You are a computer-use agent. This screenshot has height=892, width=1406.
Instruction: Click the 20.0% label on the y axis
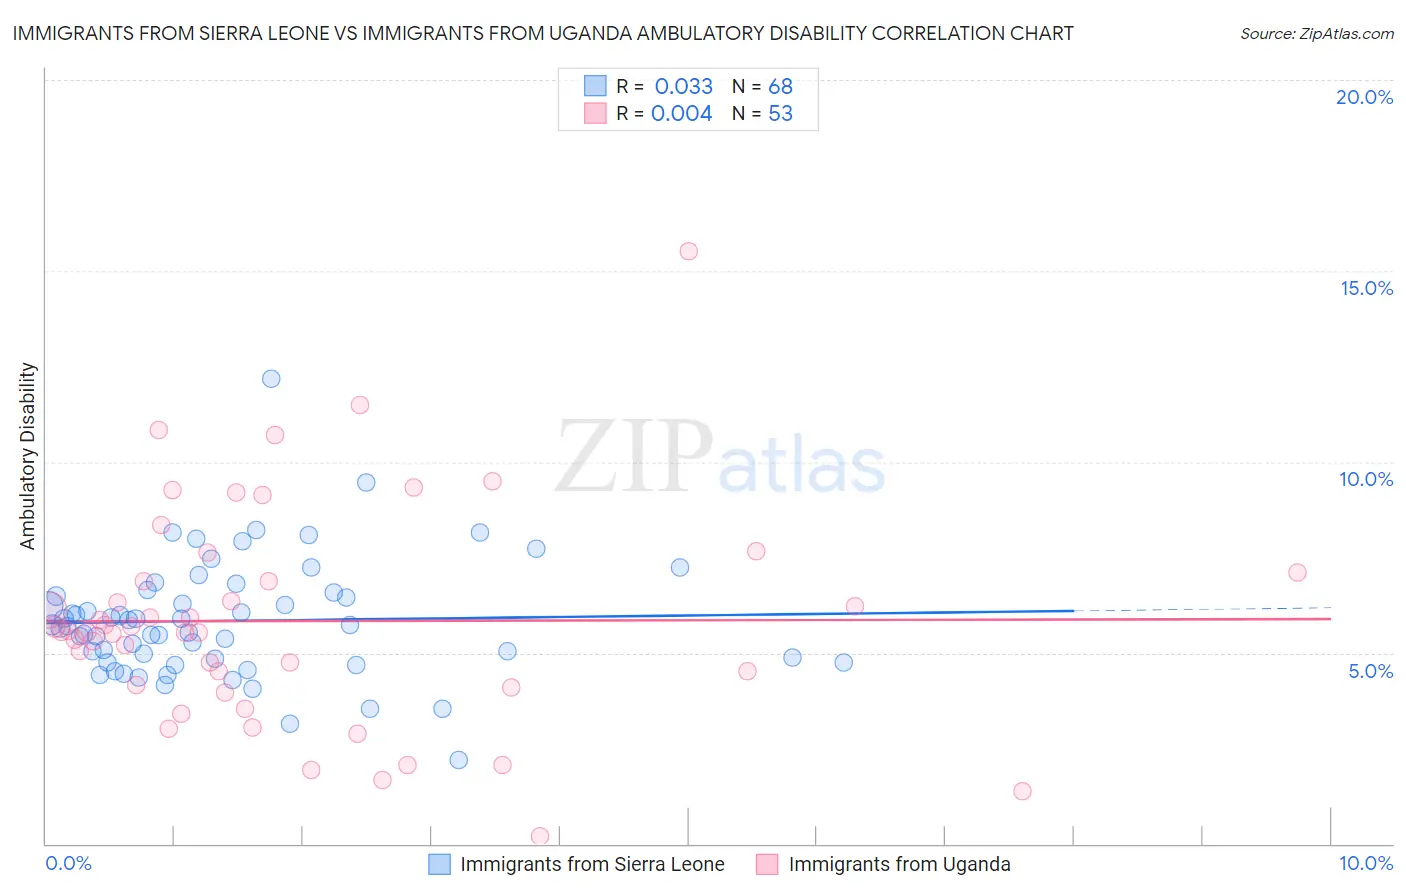point(1364,97)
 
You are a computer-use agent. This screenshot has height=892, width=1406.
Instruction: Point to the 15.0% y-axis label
point(1366,288)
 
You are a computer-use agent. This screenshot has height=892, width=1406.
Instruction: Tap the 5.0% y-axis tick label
point(1370,671)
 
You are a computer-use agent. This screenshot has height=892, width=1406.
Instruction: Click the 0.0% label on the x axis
point(68,863)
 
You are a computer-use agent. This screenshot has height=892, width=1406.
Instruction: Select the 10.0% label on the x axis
point(1365,863)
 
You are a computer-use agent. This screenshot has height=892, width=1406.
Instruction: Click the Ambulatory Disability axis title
point(28,455)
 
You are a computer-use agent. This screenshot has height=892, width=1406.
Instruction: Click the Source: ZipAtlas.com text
point(1316,33)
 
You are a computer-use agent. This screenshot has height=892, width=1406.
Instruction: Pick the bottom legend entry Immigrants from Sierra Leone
point(592,864)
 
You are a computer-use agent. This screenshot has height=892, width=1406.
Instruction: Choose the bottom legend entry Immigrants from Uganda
point(899,864)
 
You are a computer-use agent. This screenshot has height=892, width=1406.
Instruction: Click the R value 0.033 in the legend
point(684,86)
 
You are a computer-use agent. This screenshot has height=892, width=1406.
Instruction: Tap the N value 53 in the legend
point(780,114)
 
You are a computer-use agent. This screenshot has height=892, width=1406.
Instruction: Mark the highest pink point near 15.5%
point(688,251)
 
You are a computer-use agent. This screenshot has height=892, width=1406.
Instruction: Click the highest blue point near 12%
point(271,378)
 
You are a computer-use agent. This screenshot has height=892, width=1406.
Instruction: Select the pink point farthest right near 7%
point(1297,572)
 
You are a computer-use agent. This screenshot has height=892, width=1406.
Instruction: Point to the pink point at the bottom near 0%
point(540,836)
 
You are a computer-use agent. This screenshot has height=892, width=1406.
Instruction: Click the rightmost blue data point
point(843,662)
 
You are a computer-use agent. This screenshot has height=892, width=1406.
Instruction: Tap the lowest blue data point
point(458,760)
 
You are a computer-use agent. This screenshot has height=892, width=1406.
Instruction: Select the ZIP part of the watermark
point(633,456)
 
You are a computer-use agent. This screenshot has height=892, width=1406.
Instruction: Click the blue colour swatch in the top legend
point(595,86)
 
